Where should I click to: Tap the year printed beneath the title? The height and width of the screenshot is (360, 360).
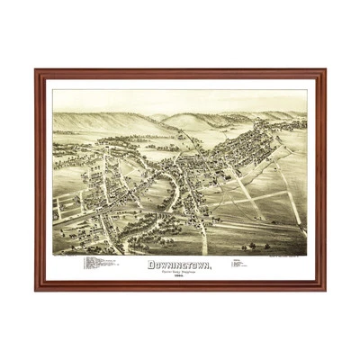[179, 276]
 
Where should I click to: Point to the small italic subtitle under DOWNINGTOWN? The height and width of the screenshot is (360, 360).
[179, 272]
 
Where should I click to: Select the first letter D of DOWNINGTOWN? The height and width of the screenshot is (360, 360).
[150, 265]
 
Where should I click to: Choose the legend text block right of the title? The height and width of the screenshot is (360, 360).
[241, 265]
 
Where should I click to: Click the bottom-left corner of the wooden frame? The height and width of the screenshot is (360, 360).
[37, 289]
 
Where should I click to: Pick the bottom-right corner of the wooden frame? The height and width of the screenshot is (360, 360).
[324, 289]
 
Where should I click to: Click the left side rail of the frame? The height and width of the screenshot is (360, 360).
[40, 180]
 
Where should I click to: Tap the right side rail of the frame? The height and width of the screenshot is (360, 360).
[320, 180]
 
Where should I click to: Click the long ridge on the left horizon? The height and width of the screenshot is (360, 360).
[99, 120]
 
